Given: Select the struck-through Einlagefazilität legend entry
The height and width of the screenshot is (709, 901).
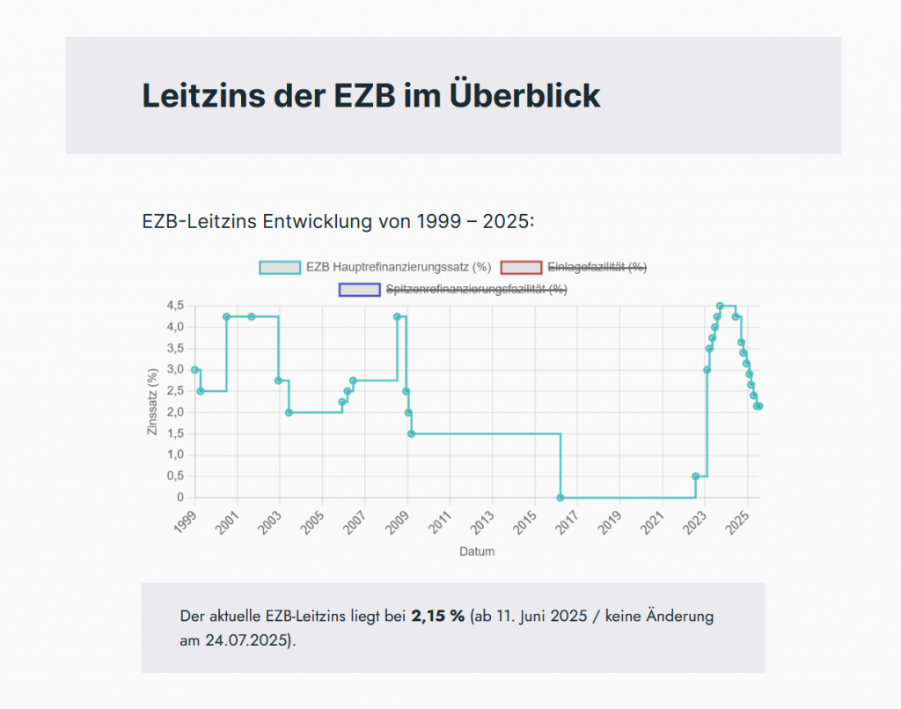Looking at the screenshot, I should click(x=597, y=267).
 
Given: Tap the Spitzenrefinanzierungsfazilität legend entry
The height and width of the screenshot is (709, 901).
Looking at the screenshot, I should click(x=476, y=289).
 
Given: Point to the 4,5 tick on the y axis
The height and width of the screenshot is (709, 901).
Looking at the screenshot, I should click(x=174, y=306).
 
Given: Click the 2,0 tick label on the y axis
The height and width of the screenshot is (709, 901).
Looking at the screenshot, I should click(x=174, y=412).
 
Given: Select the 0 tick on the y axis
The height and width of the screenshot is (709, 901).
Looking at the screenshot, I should click(x=179, y=498).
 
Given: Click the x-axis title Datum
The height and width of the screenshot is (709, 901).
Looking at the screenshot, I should click(x=477, y=552).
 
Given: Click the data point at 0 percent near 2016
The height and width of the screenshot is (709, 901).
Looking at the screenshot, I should click(x=560, y=498).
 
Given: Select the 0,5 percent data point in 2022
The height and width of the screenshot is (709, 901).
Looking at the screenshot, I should click(x=696, y=476).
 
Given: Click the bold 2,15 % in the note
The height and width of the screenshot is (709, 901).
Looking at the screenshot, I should click(x=437, y=616).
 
